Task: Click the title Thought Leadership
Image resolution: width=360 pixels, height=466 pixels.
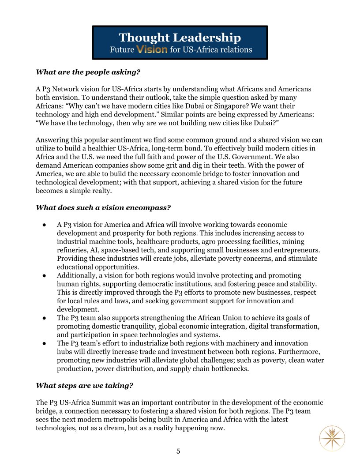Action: [x=180, y=37]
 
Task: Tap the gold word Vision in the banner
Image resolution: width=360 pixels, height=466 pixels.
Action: [x=152, y=50]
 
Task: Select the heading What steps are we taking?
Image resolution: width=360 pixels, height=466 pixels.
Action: [x=84, y=386]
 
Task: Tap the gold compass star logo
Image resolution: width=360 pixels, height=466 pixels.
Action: [x=332, y=438]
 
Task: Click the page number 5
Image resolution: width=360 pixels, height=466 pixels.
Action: [x=178, y=451]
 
